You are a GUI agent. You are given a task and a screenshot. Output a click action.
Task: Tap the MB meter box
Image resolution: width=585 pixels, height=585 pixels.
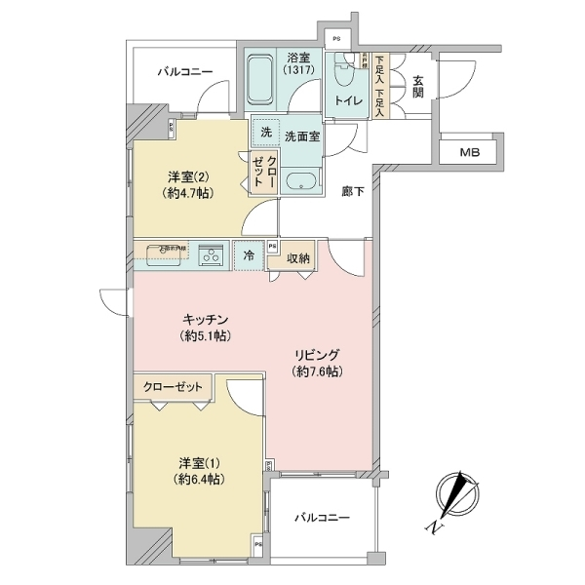click(471, 153)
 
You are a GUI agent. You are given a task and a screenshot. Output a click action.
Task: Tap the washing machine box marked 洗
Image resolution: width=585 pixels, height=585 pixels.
click(265, 131)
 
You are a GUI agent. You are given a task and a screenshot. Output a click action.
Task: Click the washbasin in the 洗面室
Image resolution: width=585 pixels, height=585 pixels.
click(301, 181)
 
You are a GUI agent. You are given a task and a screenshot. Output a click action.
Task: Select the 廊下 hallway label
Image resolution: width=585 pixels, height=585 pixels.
click(353, 192)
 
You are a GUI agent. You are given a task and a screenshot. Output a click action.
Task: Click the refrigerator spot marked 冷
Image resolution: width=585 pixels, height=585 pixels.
click(249, 255)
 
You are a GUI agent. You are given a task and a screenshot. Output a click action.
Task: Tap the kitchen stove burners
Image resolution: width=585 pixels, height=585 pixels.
click(211, 255)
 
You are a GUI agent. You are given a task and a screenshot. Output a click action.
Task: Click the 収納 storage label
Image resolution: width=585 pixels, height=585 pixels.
click(299, 257)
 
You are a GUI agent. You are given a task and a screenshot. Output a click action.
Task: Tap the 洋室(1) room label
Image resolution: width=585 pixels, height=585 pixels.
click(195, 463)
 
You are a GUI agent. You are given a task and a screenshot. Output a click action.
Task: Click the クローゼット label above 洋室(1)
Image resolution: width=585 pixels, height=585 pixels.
click(174, 387)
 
